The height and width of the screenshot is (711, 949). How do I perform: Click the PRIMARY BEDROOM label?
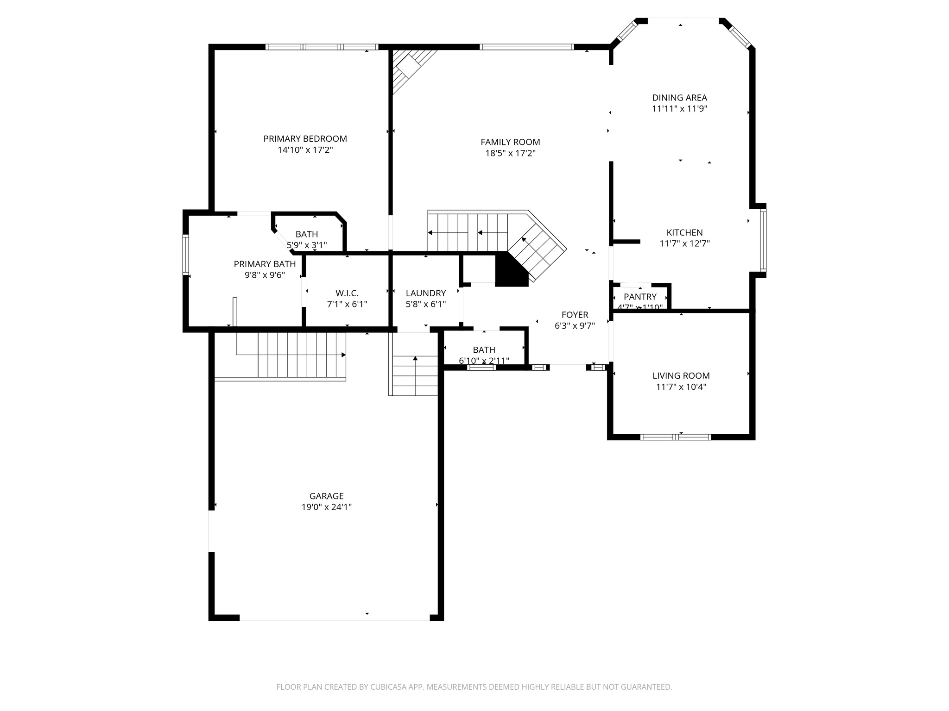(x=305, y=139)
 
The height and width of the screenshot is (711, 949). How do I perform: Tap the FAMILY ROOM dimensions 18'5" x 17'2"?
(x=510, y=154)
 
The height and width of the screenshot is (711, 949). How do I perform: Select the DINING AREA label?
(x=679, y=98)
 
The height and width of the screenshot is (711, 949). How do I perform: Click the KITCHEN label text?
(x=684, y=233)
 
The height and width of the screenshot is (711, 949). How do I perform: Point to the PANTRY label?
(x=640, y=297)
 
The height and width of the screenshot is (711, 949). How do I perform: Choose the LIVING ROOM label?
(x=681, y=376)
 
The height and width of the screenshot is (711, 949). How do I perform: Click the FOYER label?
(x=575, y=315)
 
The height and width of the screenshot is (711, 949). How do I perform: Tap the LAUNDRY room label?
(x=425, y=293)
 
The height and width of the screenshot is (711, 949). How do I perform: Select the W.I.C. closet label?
(x=347, y=293)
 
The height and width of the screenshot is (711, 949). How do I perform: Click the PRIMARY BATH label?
(x=265, y=264)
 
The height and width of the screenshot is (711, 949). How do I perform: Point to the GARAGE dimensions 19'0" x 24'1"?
(x=326, y=507)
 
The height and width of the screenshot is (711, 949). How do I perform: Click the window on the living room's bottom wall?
(x=675, y=437)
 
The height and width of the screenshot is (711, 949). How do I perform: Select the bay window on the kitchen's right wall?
(x=763, y=240)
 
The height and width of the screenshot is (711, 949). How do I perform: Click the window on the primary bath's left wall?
(x=186, y=254)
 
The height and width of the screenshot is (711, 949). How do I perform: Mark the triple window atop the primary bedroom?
(x=322, y=47)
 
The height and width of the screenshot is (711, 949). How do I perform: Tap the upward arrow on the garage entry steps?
(x=415, y=358)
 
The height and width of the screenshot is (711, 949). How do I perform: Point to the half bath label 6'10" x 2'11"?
(x=484, y=361)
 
